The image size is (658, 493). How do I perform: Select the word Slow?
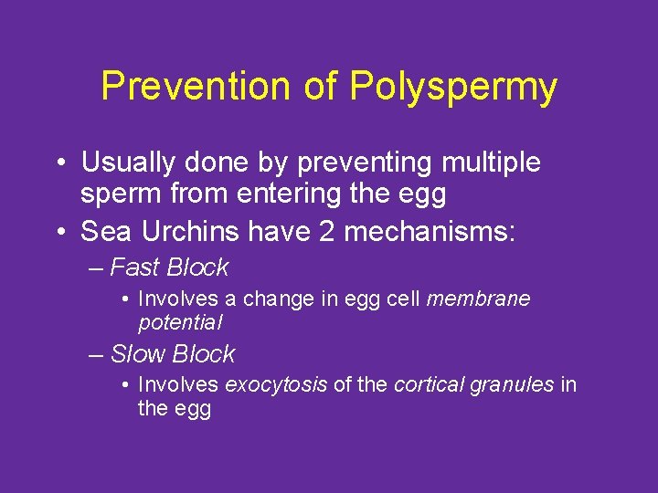pos(137,353)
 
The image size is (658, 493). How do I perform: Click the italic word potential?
pos(180,322)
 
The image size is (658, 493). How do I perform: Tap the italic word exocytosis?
pos(275,384)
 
